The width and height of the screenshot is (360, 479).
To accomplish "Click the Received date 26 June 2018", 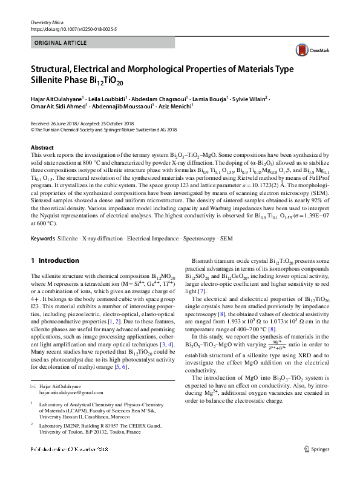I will pos(54,122).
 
